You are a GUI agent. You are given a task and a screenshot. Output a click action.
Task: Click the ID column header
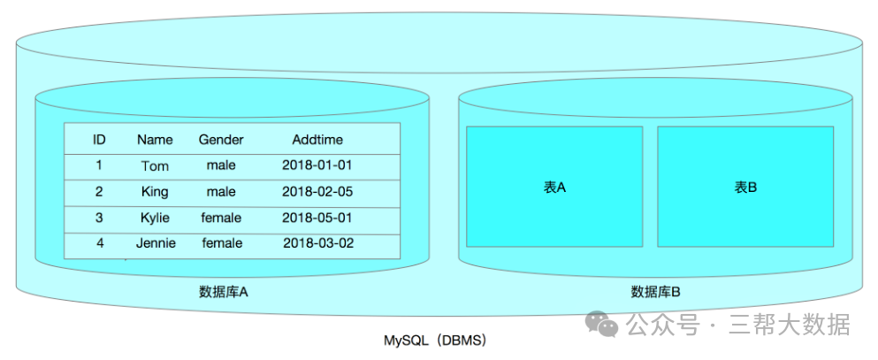point(99,140)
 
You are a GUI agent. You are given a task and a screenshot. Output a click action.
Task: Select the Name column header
point(155,140)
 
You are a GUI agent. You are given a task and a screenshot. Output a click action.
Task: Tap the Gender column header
point(221,140)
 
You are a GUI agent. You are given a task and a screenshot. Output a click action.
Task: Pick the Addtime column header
point(317,140)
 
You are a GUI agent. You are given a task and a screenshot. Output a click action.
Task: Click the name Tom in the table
point(155,165)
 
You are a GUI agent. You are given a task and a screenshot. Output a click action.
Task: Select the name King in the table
point(155,191)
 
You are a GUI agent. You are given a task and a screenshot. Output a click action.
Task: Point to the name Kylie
point(155,218)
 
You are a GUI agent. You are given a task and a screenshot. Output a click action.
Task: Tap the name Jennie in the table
point(156,243)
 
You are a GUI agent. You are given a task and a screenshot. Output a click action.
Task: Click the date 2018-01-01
point(317,165)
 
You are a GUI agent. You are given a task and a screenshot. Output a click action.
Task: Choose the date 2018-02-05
point(317,191)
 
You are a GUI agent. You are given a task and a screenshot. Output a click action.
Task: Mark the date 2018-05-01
point(317,218)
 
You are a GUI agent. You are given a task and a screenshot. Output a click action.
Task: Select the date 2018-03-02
point(318,243)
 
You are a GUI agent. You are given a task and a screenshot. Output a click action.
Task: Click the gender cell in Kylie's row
point(221,218)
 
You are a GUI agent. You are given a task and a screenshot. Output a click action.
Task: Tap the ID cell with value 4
point(100,243)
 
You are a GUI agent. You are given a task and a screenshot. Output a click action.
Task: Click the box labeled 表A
point(554,187)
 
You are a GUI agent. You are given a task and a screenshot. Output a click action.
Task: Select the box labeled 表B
point(745,187)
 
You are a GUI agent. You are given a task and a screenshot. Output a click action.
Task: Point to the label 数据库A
point(223,292)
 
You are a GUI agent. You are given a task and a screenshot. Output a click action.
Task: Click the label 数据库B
point(655,292)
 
